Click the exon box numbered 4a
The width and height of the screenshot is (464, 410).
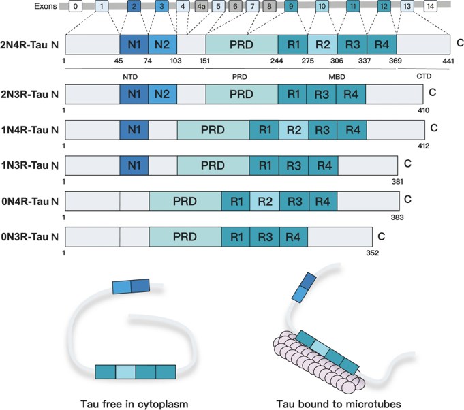(x=202, y=7)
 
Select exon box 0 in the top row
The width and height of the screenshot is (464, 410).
(x=76, y=7)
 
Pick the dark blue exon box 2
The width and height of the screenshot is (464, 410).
(x=134, y=7)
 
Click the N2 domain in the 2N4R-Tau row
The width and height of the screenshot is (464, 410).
(x=162, y=45)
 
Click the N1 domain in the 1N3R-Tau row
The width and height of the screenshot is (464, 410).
(x=134, y=164)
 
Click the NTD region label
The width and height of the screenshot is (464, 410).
(x=129, y=76)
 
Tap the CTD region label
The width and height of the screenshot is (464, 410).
(x=424, y=76)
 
